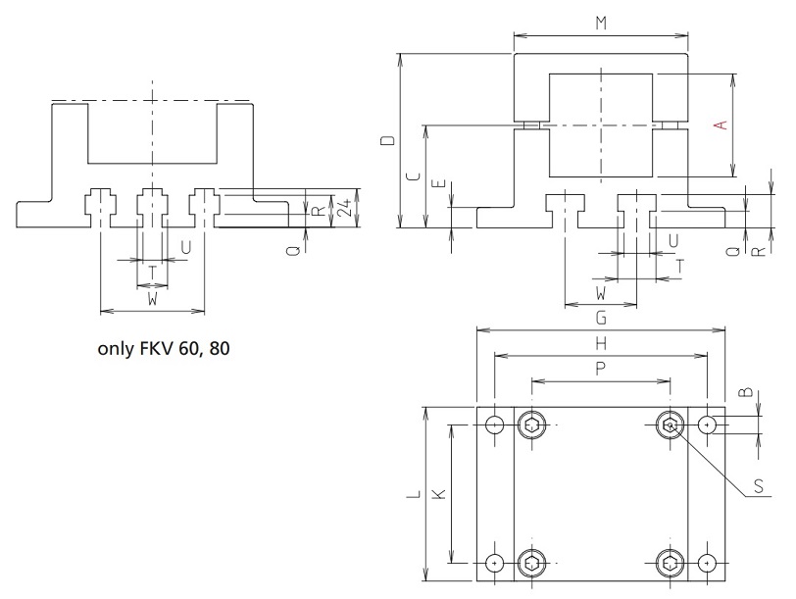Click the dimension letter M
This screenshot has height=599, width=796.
[x=600, y=22]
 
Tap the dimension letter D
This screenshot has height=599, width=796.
[x=388, y=141]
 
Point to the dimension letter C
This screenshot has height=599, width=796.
[x=413, y=176]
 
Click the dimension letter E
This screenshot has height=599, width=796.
[x=438, y=183]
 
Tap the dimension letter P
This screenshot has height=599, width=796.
[x=600, y=367]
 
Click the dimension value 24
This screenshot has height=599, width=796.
[x=343, y=209]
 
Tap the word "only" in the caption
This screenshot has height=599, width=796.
[x=116, y=348]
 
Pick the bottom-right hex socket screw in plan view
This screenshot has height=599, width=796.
[x=670, y=564]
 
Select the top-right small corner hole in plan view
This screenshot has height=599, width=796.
[x=708, y=425]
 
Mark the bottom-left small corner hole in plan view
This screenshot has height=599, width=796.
[x=494, y=564]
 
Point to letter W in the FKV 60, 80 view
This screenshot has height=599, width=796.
[x=152, y=298]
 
